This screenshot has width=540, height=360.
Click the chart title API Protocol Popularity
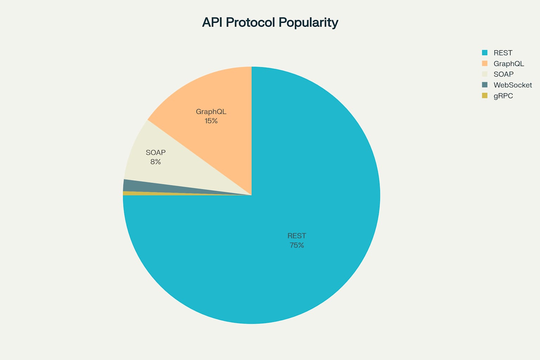tap(270, 22)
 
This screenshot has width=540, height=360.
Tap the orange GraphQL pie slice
tap(218, 98)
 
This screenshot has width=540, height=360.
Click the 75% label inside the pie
tap(297, 245)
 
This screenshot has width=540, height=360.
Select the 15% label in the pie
tap(211, 121)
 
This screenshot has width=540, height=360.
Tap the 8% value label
tap(156, 162)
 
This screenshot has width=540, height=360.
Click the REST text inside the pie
tap(297, 236)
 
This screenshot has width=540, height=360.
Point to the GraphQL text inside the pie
tap(211, 112)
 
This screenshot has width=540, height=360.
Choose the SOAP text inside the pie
tap(156, 153)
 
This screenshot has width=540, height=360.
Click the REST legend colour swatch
tap(485, 53)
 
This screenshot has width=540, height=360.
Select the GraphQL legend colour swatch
tap(485, 64)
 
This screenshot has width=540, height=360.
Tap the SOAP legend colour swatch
tap(485, 74)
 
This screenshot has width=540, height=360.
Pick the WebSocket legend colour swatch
tap(485, 85)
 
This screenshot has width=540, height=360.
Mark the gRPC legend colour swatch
tap(485, 96)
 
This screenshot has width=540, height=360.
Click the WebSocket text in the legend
tap(513, 85)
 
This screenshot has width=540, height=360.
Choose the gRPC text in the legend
tap(503, 96)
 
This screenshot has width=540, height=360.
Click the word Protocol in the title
tap(250, 22)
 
